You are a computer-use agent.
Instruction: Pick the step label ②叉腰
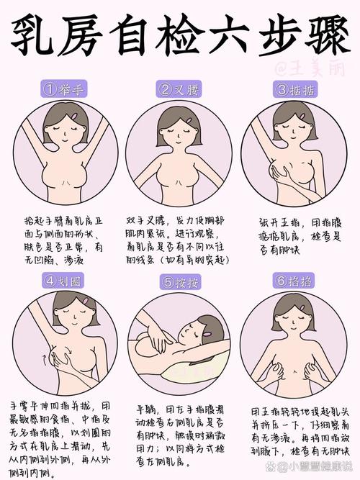click(180, 90)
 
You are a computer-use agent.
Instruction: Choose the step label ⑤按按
click(180, 281)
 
